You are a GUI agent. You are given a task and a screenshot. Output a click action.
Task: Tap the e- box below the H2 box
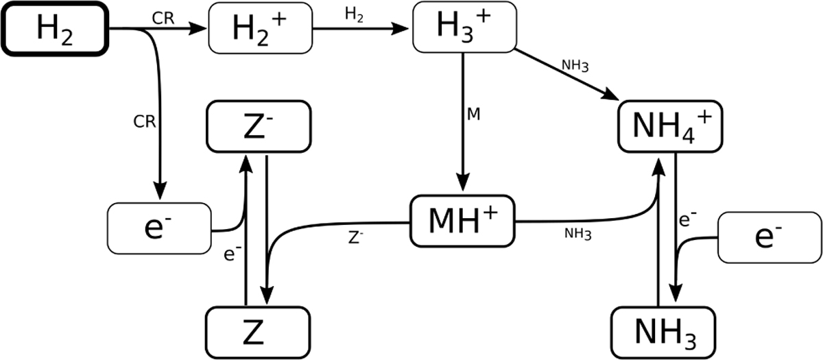(x=159, y=227)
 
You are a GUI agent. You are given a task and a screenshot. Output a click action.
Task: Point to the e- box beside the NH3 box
(x=769, y=237)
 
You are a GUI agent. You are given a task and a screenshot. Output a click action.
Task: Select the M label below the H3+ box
(x=473, y=114)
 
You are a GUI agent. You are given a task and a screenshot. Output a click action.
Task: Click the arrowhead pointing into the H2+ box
(x=200, y=29)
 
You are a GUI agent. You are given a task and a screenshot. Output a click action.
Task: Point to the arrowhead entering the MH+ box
(x=463, y=191)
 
